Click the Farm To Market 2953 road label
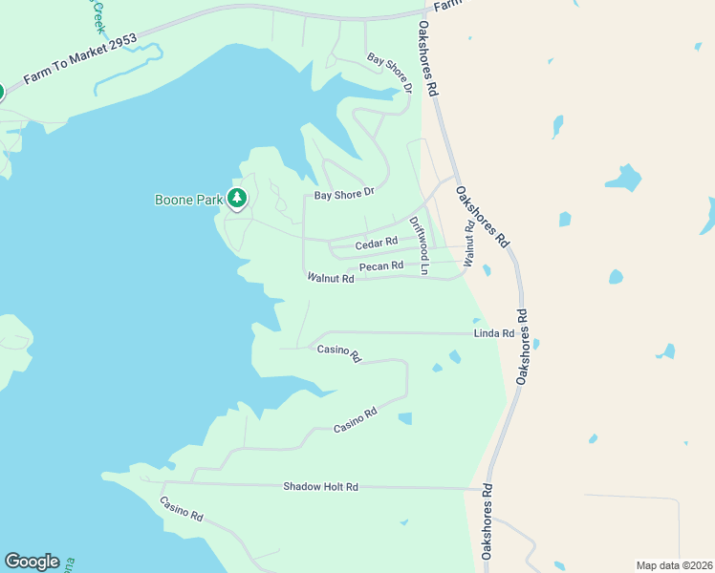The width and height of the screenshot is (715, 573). (x=80, y=60)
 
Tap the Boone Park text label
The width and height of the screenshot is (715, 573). (x=187, y=200)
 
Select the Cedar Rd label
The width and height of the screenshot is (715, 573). (x=377, y=244)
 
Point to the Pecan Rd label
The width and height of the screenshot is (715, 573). (x=381, y=265)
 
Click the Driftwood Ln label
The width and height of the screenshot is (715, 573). (x=419, y=246)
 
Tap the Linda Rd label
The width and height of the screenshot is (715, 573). (x=494, y=333)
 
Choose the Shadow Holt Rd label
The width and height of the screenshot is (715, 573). (x=320, y=487)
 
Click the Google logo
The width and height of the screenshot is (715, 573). (x=32, y=562)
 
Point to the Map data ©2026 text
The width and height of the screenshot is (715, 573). (x=674, y=565)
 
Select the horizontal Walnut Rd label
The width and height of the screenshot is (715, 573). (x=331, y=279)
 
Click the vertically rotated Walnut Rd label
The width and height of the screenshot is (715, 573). (x=468, y=244)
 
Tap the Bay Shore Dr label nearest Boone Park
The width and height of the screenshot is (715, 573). (x=343, y=195)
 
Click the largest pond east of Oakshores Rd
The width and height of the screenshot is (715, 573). (x=624, y=179)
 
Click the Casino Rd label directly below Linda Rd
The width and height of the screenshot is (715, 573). (x=339, y=353)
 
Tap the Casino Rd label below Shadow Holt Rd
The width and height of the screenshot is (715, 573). (x=182, y=509)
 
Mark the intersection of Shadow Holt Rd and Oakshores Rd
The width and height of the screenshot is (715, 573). (x=487, y=489)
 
